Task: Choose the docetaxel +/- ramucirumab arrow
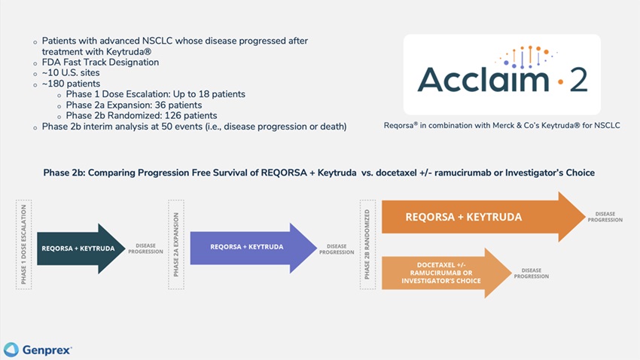click(444, 273)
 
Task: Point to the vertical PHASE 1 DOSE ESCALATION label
click(23, 245)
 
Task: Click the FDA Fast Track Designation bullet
click(100, 63)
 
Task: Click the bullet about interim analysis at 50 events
click(194, 127)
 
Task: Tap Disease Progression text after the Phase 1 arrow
click(145, 248)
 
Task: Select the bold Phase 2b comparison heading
click(319, 173)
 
